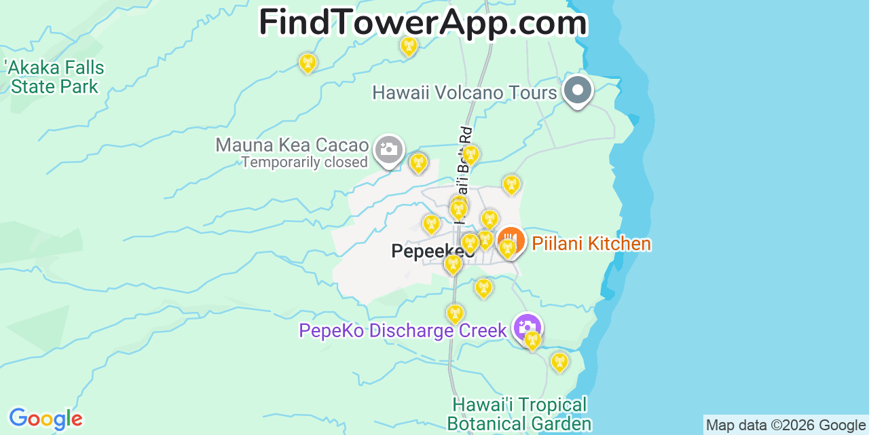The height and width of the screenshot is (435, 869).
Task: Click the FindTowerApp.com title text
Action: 422,22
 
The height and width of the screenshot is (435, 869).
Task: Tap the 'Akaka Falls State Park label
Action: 54,77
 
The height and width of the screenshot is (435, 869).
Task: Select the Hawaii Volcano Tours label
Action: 464,92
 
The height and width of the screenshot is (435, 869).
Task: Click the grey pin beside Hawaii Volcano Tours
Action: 578,90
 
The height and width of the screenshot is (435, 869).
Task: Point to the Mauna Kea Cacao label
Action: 292,145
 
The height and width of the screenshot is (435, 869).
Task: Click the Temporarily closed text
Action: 304,162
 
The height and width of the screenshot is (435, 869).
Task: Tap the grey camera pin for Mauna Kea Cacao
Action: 389,149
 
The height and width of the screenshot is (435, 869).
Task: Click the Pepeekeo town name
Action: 432,251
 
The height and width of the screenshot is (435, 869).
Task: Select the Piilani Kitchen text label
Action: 591,243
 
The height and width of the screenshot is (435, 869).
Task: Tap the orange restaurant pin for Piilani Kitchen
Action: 511,241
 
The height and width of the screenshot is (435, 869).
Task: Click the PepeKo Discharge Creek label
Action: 403,331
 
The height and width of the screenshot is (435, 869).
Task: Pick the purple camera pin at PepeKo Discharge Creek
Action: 527,327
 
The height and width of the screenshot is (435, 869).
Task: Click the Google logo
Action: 45,419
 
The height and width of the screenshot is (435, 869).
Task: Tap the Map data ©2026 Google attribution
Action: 786,425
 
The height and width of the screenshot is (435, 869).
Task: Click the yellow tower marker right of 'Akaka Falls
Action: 308,63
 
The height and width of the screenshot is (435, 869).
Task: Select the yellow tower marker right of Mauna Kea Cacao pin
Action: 419,162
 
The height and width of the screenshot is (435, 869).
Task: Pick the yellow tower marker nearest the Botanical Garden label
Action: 559,362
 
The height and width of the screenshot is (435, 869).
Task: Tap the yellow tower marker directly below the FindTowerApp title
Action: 409,46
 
